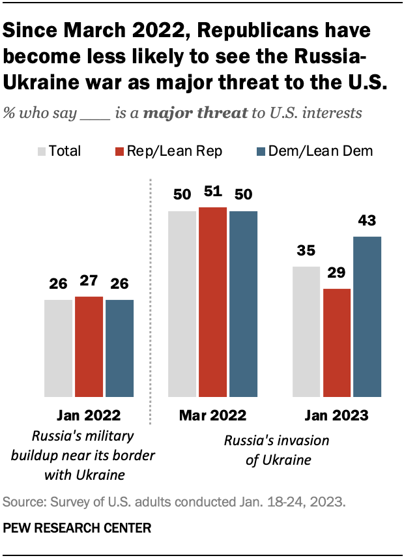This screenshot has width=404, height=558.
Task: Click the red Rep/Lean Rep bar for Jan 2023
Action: coord(337,342)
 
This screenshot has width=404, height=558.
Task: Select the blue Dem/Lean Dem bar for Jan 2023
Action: coord(367,317)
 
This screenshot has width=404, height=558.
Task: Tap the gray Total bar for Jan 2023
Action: coord(306,331)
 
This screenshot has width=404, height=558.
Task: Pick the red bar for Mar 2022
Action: coord(213,302)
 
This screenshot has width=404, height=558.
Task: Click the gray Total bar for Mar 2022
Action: coord(182,304)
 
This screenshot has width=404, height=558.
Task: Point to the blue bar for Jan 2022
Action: coord(119,348)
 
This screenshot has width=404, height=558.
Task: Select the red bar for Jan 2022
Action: coord(89,346)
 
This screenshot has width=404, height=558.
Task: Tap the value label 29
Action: coord(337,274)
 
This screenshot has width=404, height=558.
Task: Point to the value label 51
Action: coord(213,192)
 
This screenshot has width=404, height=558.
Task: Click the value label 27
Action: coord(89,282)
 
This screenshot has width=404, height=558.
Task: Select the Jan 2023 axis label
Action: coord(337,415)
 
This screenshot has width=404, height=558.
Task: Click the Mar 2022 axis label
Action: coord(213,415)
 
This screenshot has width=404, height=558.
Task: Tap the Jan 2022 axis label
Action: coord(89,415)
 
